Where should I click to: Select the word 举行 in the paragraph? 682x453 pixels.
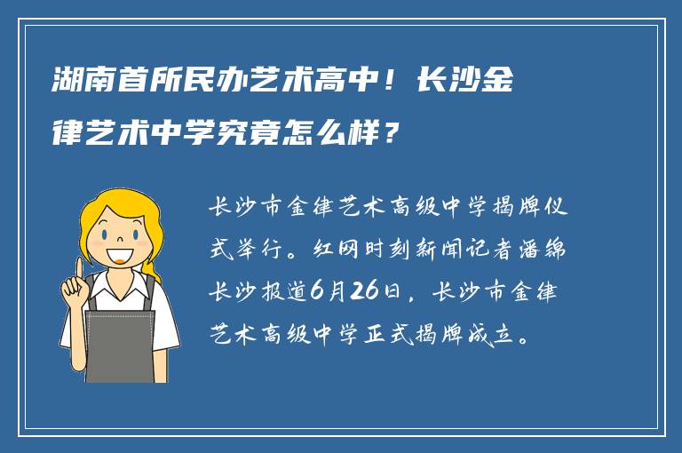pos(261,250)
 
